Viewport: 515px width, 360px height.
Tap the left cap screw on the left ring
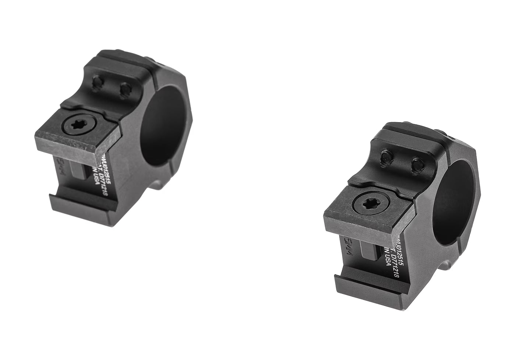98,85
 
